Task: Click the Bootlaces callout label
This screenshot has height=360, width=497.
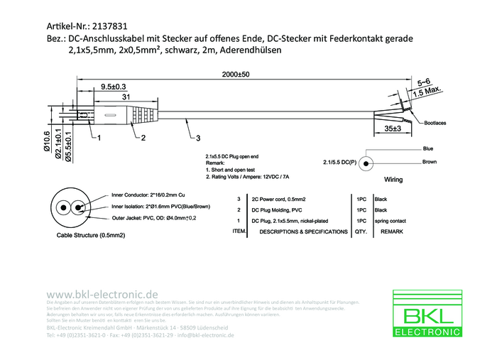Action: (x=436, y=123)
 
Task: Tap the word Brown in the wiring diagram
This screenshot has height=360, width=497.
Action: (x=430, y=163)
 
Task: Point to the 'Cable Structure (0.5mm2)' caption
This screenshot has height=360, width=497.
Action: (x=87, y=235)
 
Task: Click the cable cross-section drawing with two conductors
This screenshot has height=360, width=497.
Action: (x=68, y=207)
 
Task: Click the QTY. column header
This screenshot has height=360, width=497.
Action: (x=361, y=232)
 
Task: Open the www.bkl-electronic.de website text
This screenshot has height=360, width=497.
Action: (x=102, y=294)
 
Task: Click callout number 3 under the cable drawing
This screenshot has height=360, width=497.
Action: (x=198, y=137)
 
